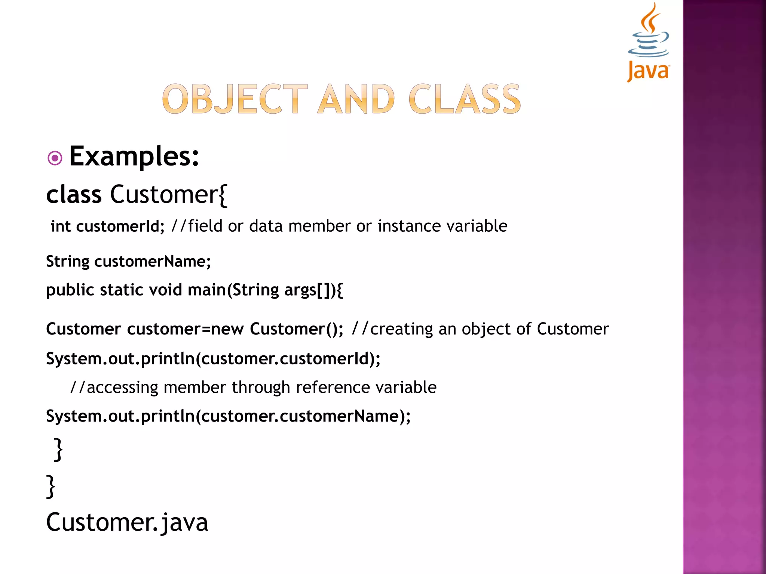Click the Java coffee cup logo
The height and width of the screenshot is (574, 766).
(648, 41)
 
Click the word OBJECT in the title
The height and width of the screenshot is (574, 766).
(235, 99)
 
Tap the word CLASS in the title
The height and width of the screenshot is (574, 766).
(465, 99)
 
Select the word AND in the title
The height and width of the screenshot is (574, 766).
(356, 99)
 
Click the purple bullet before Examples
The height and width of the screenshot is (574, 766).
(55, 158)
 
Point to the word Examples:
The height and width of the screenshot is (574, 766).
(134, 156)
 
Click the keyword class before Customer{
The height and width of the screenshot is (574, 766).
(74, 195)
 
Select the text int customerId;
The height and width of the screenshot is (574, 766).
(107, 226)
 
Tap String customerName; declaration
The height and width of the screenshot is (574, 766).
(128, 261)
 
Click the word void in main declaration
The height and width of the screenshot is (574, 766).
(165, 290)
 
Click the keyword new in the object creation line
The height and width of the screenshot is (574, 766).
(228, 329)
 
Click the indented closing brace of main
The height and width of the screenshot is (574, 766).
(58, 450)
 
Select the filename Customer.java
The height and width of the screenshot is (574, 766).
(127, 522)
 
